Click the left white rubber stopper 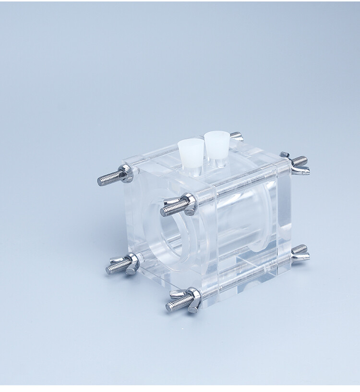pos(191,152)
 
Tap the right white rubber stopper pos(216,143)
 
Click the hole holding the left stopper pos(191,167)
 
